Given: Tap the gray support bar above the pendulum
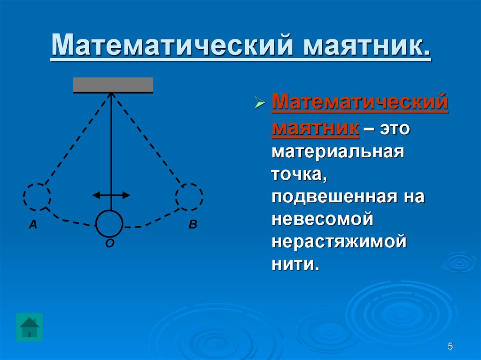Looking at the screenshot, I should point(113,84).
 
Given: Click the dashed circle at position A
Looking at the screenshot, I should point(37,196).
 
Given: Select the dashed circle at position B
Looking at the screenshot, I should point(189,196).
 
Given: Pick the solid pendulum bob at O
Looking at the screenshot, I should point(109,223).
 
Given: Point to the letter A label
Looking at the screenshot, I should point(33,225).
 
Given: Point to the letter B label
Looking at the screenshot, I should point(193,225).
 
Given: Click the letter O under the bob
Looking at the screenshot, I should point(109,243).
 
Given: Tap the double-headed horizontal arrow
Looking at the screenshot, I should point(111,195).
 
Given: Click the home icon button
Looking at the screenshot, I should point(29,327).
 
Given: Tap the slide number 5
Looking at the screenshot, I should point(450,347).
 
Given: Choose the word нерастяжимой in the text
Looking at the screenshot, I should point(338,242).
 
